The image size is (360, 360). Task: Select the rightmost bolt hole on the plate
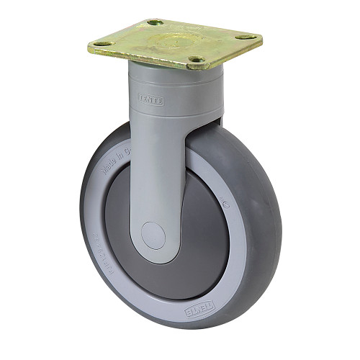(x=246, y=36)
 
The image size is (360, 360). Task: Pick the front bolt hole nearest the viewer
(x=194, y=60)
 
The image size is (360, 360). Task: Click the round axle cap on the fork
(x=152, y=235)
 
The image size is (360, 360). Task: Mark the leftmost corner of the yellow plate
(x=89, y=47)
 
